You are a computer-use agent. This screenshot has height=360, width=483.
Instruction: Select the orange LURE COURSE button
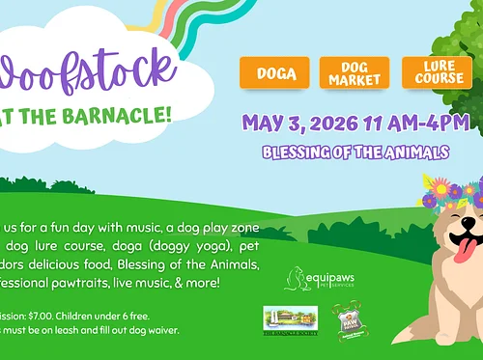click(x=437, y=72)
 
